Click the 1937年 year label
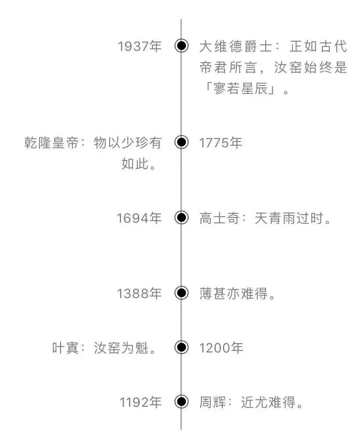pyautogui.click(x=140, y=46)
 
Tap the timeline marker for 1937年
pyautogui.click(x=181, y=46)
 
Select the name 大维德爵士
pyautogui.click(x=230, y=46)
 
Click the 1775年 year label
pyautogui.click(x=221, y=142)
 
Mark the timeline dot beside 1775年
pyautogui.click(x=181, y=142)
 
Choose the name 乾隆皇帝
pyautogui.click(x=52, y=143)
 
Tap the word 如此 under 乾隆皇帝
pyautogui.click(x=134, y=165)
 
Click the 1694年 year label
pyautogui.click(x=139, y=218)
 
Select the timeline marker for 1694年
pyautogui.click(x=181, y=218)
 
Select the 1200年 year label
pyautogui.click(x=221, y=348)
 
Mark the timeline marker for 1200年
pyautogui.click(x=181, y=348)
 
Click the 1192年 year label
pyautogui.click(x=141, y=402)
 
